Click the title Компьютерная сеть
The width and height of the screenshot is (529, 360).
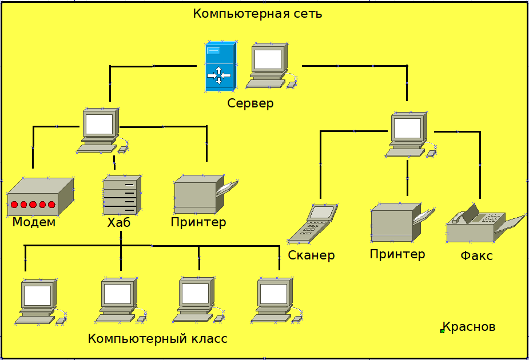tap(257, 14)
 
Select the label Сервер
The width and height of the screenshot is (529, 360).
tap(250, 103)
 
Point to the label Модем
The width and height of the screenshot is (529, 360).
tap(34, 222)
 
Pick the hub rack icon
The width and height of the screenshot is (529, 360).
tap(122, 194)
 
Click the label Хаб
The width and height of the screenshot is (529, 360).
tap(119, 222)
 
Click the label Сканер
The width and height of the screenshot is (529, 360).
tap(311, 255)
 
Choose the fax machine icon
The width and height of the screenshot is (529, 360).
tap(480, 225)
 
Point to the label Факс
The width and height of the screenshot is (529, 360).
tap(476, 255)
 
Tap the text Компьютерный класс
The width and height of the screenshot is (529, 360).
tap(158, 339)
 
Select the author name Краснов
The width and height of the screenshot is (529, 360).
tap(469, 327)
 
